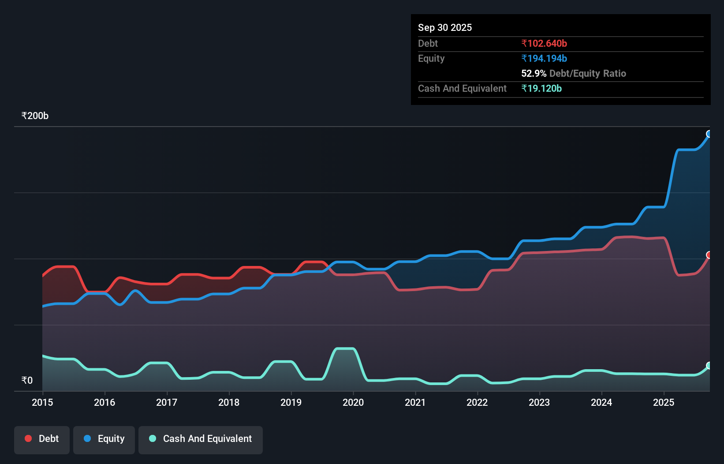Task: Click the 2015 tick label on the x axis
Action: coord(42,402)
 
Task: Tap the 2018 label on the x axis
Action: coord(229,402)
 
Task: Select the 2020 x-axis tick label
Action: coord(353,402)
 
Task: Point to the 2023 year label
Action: coord(539,402)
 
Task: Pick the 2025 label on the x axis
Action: coord(664,402)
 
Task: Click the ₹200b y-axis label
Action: coord(35,116)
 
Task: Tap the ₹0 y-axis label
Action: coord(27,380)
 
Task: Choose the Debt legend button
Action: coord(42,439)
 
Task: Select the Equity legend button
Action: coord(104,439)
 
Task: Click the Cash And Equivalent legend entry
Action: coord(201,439)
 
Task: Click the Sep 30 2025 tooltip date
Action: coord(444,28)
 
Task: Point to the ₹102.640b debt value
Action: coord(544,44)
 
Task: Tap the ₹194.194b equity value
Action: coord(544,59)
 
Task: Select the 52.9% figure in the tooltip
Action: coord(534,74)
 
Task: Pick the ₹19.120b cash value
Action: coord(541,89)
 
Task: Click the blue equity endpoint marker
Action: coord(709,134)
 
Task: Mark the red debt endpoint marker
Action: coord(709,255)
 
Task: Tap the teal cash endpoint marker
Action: coord(709,366)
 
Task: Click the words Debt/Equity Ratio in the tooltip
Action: coord(587,74)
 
